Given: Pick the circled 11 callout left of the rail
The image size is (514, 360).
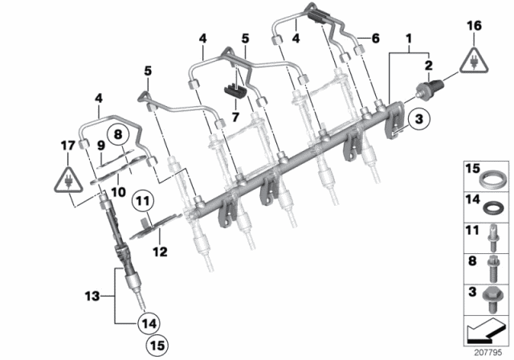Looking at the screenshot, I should pos(120,202).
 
